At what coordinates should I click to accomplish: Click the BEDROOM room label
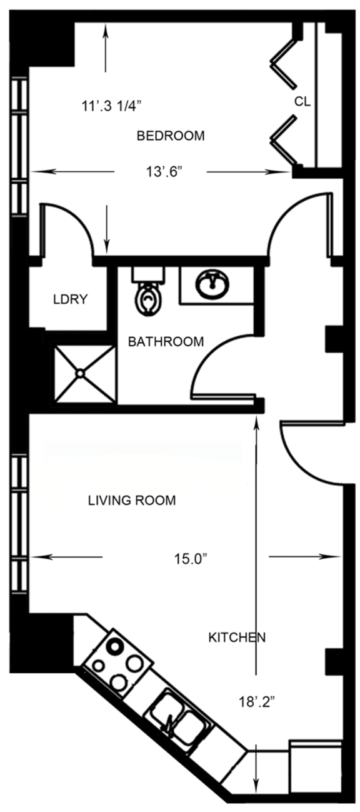(x=171, y=136)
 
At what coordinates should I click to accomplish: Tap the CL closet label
(x=302, y=101)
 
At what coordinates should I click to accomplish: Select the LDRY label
(x=69, y=299)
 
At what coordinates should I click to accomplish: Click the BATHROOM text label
(x=166, y=341)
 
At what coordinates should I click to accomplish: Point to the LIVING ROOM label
(x=131, y=500)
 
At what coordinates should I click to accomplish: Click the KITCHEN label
(x=237, y=638)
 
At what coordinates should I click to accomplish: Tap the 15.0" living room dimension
(x=190, y=559)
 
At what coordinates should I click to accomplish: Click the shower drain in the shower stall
(x=81, y=373)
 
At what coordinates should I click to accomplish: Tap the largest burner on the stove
(x=115, y=643)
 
